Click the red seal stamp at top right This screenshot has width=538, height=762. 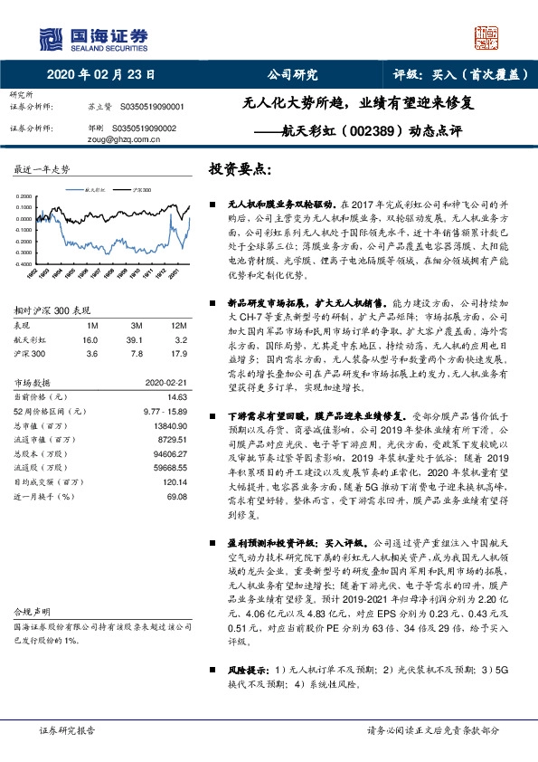487,36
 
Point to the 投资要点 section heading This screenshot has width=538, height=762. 241,169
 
